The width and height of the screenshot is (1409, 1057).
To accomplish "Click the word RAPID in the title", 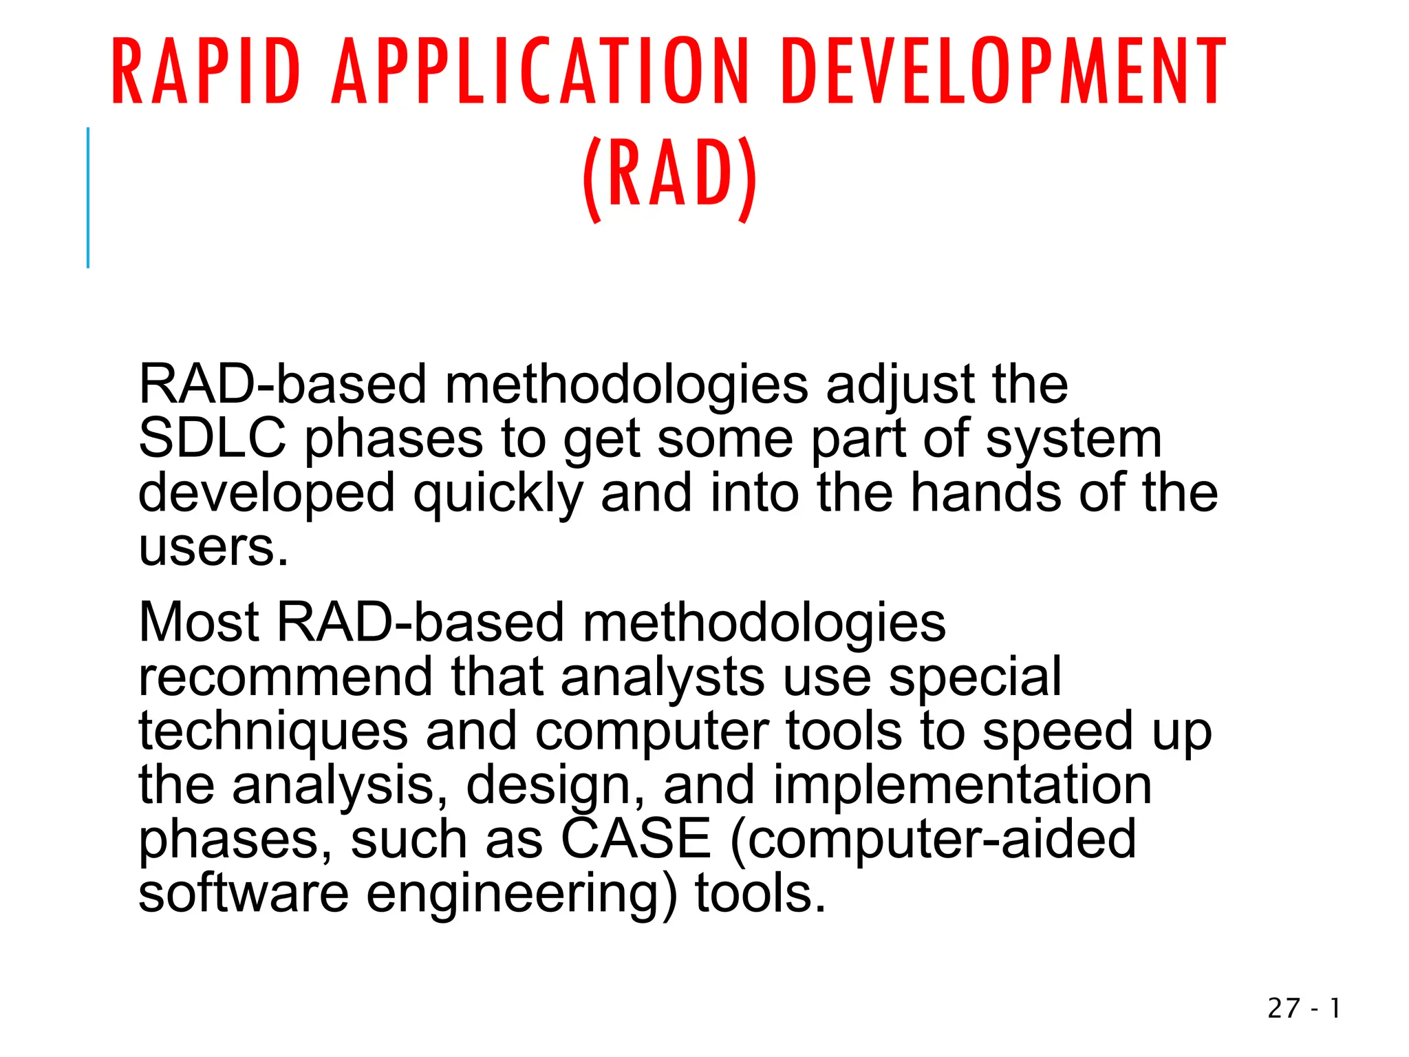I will (x=205, y=72).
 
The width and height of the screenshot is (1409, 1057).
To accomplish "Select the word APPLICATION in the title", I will (x=540, y=72).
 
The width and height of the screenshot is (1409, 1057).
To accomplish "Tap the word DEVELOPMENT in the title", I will (x=1003, y=72).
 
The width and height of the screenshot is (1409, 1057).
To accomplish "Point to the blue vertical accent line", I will (x=88, y=198).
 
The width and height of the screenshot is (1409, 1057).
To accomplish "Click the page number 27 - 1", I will (x=1303, y=1008).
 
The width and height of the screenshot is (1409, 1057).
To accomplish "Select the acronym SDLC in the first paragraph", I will (x=212, y=438).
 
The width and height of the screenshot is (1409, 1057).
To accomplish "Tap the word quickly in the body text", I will (x=497, y=494).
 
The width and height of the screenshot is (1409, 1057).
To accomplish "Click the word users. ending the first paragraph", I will (x=213, y=547).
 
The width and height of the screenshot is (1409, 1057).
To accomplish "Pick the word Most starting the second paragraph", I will (x=199, y=622).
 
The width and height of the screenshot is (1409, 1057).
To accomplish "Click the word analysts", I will (x=662, y=678).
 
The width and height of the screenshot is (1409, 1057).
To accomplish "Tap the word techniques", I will (x=273, y=732).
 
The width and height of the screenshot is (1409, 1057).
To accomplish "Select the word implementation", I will (x=962, y=785).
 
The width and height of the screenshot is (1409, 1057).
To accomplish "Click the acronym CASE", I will (x=635, y=839).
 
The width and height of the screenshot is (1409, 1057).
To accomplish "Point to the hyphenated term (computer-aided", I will (x=932, y=840).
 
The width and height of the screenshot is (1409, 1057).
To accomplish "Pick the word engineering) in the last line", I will (x=521, y=895).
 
